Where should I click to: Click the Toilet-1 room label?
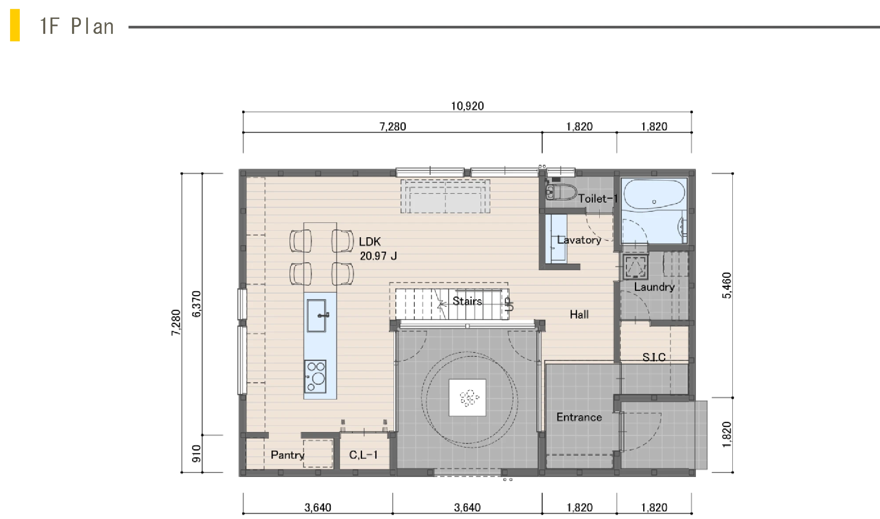click(598, 199)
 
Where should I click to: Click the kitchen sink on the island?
click(316, 316)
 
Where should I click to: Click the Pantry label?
click(287, 455)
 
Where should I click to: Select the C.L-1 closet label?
click(363, 455)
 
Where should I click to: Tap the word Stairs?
click(467, 301)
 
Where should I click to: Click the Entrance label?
click(579, 417)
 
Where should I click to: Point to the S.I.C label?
click(654, 357)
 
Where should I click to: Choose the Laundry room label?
click(654, 287)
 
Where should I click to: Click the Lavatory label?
click(579, 240)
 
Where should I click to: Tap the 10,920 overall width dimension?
click(467, 106)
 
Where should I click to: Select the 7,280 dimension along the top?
click(393, 127)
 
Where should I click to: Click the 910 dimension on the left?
click(196, 454)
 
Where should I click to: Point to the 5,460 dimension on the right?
click(727, 285)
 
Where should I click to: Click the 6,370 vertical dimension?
click(196, 304)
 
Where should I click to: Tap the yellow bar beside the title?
click(15, 25)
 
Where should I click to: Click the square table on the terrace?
click(467, 398)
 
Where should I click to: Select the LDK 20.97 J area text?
click(378, 249)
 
